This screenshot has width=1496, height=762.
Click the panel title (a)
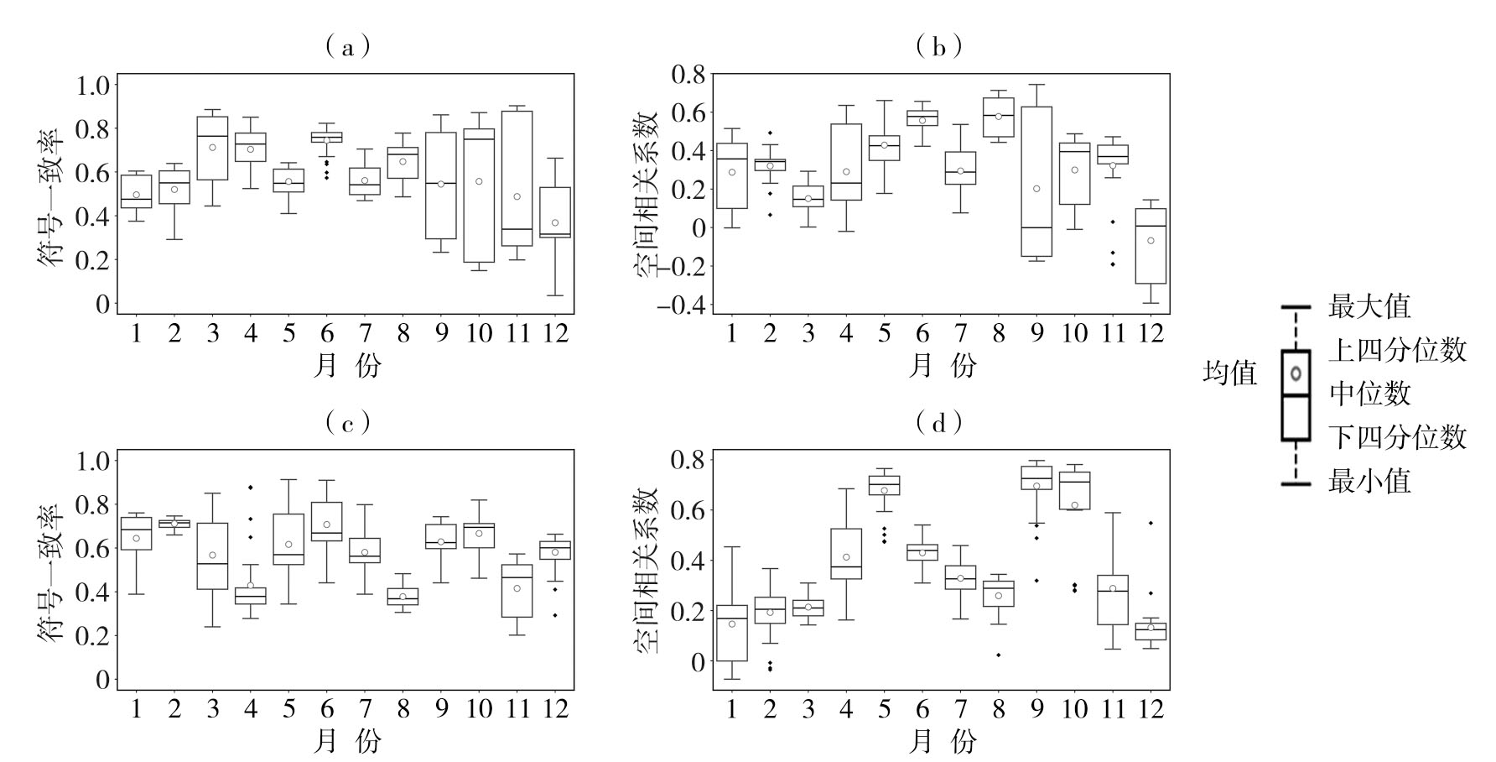347,46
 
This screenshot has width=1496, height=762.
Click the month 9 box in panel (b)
1036,181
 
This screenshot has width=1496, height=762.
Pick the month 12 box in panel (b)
1151,246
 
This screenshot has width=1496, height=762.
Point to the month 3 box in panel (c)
212,556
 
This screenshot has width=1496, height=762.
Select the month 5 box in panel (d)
884,485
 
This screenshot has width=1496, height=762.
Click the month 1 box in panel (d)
732,633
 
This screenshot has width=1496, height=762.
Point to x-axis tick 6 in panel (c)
327,708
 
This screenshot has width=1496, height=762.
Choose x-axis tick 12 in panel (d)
1151,708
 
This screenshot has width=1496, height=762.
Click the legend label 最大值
1369,306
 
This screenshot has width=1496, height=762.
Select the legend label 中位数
1369,393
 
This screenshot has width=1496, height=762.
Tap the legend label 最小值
1369,481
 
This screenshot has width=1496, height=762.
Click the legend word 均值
1230,373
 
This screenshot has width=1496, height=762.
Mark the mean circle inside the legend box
1296,373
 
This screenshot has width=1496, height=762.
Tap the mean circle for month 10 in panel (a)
479,181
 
